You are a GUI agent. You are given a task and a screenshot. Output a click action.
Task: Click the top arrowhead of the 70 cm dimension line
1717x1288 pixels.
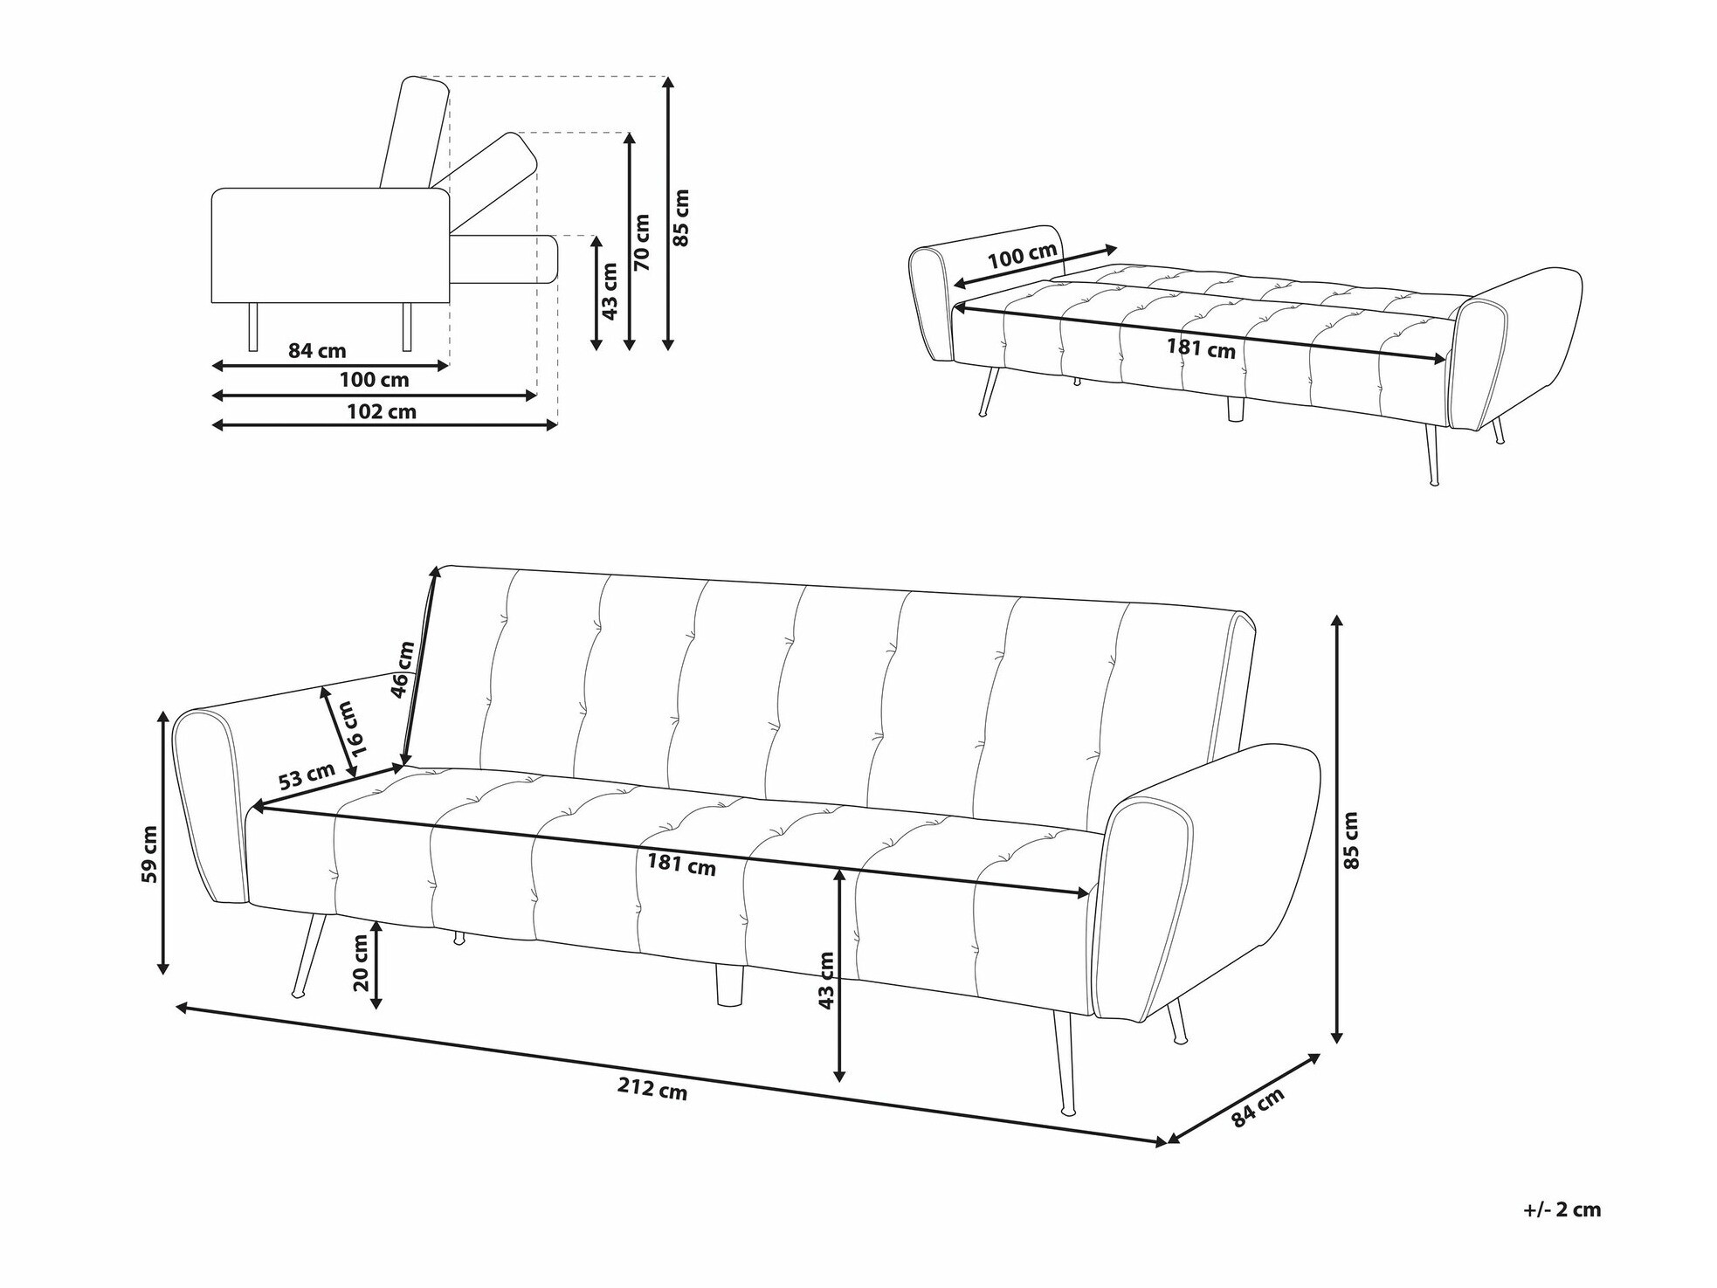pos(629,134)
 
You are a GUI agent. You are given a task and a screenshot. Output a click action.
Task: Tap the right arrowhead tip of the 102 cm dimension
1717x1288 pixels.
pos(556,424)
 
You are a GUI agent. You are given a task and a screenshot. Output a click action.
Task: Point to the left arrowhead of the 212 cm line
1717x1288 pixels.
pos(176,1007)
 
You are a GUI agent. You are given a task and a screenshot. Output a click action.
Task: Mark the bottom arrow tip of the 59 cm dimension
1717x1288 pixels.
pos(162,973)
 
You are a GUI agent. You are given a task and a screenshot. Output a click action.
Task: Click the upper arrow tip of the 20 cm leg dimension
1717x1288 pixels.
pos(376,922)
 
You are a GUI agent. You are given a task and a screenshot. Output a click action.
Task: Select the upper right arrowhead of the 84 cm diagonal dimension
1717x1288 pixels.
pos(1319,1055)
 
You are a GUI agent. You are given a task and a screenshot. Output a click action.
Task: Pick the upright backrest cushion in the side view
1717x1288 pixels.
pos(414,132)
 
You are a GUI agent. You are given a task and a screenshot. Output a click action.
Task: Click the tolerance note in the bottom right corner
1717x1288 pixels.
pos(1562,1209)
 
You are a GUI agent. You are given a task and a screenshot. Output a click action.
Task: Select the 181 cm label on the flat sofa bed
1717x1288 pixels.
pos(1202,348)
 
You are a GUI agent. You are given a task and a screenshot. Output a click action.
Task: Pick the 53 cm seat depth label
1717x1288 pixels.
pos(307,775)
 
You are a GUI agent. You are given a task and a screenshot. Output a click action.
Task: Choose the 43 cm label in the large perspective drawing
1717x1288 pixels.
pos(826,980)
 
